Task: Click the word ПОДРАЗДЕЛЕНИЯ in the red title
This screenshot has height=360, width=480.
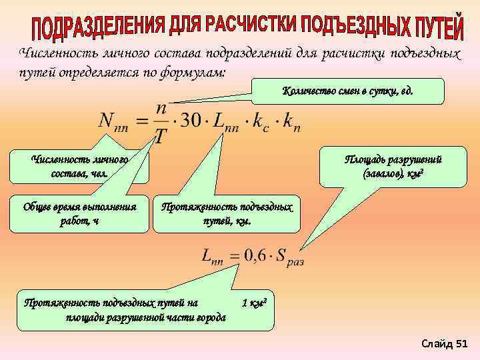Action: pos(97,27)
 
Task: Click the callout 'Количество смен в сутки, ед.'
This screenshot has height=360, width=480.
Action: pos(348,91)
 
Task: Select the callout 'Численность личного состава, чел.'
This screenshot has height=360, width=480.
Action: pos(80,166)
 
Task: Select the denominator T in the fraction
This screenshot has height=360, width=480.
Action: pos(160,137)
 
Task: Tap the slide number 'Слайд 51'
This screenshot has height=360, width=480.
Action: pos(445,343)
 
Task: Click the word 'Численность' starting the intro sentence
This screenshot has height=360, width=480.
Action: pos(54,53)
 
